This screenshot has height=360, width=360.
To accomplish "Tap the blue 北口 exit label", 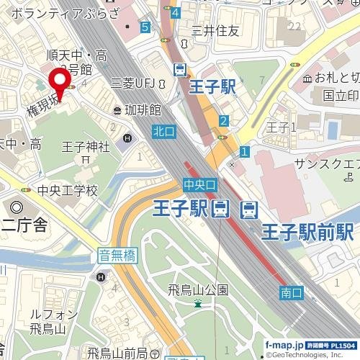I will pyautogui.click(x=163, y=132).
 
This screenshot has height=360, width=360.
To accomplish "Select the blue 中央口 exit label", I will pyautogui.click(x=199, y=185).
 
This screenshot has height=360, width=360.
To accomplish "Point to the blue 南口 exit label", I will pyautogui.click(x=290, y=292).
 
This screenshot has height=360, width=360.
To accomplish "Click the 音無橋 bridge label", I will pyautogui.click(x=117, y=255).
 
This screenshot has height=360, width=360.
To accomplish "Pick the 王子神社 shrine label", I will pyautogui.click(x=85, y=147).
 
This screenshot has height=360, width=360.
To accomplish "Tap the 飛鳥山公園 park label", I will pyautogui.click(x=198, y=290).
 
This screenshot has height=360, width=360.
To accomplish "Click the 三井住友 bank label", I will pyautogui.click(x=214, y=30).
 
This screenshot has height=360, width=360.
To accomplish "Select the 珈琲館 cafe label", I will pyautogui.click(x=141, y=109).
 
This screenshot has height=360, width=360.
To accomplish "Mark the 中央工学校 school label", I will pyautogui.click(x=68, y=191).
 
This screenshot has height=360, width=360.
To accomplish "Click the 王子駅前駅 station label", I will pyautogui.click(x=307, y=232).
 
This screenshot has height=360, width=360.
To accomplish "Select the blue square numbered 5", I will pyautogui.click(x=145, y=27).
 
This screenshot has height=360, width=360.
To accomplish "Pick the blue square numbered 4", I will pyautogui.click(x=176, y=12).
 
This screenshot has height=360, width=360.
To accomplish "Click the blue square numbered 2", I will pyautogui.click(x=224, y=121).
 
